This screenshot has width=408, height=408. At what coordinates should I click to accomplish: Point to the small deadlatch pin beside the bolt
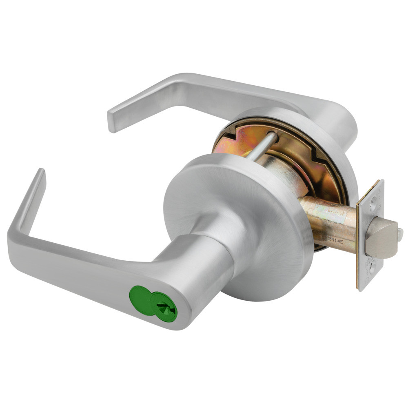pos(400,234)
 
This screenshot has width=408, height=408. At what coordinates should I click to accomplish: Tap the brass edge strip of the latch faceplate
pos(359,245)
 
